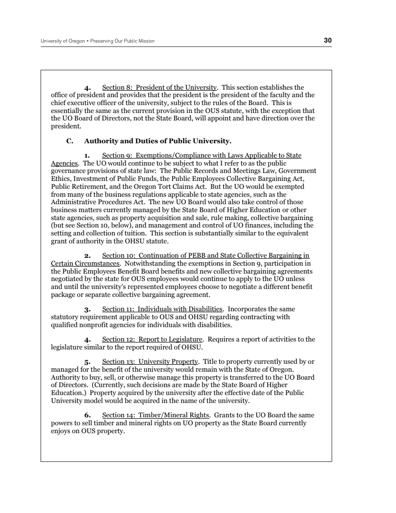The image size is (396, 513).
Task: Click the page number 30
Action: pyautogui.click(x=328, y=40)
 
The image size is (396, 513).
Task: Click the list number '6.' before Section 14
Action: pyautogui.click(x=88, y=415)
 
